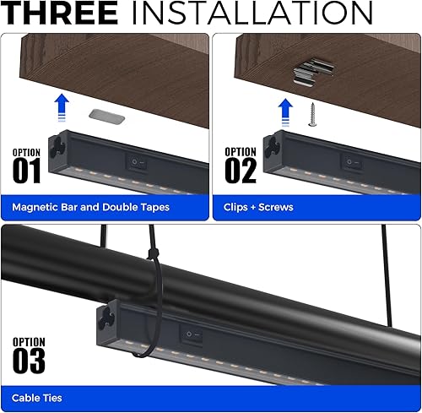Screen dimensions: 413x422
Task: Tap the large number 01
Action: click(x=27, y=171)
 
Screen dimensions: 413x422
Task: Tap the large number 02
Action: click(x=240, y=171)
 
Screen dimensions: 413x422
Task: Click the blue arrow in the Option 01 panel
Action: click(x=61, y=109)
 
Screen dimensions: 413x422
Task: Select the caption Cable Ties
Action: click(x=36, y=397)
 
